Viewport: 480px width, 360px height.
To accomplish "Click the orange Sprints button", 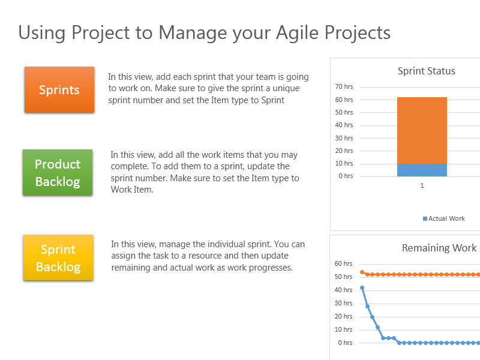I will click(59, 89).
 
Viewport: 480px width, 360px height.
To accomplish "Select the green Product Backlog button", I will click(58, 172).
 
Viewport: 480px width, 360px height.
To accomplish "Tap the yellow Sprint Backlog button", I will click(58, 257).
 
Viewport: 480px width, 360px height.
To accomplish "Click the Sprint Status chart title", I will click(426, 71).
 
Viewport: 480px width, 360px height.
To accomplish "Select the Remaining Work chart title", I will click(439, 248).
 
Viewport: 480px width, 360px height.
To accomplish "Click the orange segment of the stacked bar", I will click(422, 130).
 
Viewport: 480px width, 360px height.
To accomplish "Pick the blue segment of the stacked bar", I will click(422, 170).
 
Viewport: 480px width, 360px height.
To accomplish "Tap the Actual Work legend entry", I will click(443, 218).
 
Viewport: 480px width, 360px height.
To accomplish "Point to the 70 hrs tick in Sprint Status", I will click(344, 87).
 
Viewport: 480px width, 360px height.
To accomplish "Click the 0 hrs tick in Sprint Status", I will click(346, 176).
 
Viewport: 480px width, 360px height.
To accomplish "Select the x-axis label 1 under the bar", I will click(422, 186).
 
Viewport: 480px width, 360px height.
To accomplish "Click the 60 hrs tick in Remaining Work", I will click(343, 263).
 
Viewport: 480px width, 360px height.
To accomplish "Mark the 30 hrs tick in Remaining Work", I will click(343, 303).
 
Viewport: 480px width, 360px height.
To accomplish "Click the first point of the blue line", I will click(362, 287).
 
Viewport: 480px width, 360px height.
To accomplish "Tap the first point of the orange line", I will click(362, 272).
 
